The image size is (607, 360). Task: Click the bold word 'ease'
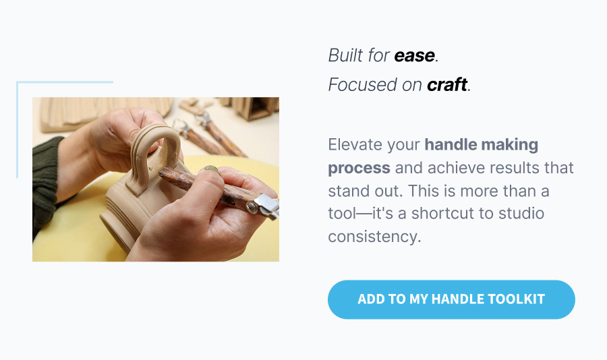click(414, 55)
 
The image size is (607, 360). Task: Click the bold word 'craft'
click(447, 85)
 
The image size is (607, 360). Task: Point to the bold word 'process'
click(359, 167)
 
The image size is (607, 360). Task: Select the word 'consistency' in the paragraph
click(374, 237)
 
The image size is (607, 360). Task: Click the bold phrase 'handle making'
click(481, 144)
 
